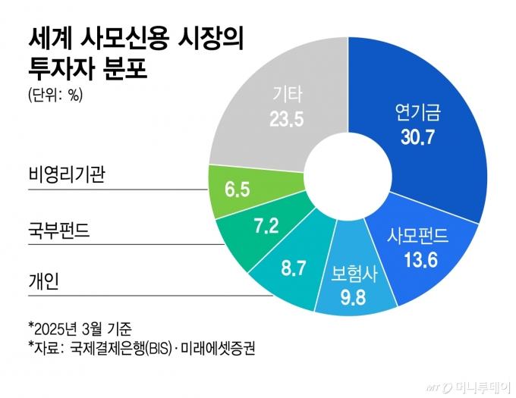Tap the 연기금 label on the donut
(x=418, y=113)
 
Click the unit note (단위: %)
(x=54, y=96)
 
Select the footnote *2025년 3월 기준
(x=80, y=329)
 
